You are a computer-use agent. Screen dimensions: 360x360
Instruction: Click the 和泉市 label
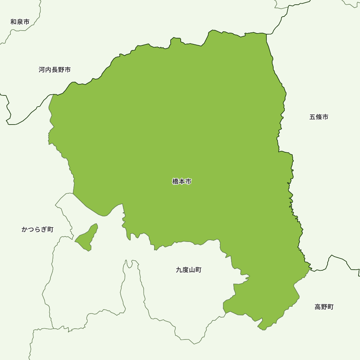(x=20, y=22)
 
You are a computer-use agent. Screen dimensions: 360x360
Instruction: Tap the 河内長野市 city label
(x=55, y=70)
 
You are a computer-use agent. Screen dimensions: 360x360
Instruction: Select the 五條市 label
(x=319, y=117)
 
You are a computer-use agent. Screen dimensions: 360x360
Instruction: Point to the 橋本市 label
(x=182, y=182)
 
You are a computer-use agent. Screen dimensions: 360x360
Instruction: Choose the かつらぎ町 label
(x=37, y=229)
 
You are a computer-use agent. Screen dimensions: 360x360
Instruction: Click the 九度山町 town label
(x=189, y=270)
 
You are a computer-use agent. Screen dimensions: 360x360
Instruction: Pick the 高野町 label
(x=324, y=307)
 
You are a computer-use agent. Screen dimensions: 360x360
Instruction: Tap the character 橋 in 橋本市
(x=175, y=182)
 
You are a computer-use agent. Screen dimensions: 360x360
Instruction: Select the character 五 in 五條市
(x=312, y=117)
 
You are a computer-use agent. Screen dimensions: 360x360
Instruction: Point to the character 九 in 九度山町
(x=179, y=270)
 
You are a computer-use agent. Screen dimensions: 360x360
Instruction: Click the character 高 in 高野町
(x=318, y=307)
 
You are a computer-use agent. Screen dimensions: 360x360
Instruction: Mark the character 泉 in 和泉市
(x=20, y=22)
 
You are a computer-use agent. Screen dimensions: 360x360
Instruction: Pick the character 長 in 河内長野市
(x=55, y=70)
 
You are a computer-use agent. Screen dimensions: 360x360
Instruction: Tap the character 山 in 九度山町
(x=192, y=270)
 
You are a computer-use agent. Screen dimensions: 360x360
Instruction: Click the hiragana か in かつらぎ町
(x=25, y=229)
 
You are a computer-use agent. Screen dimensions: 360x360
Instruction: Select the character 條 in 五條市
(x=319, y=117)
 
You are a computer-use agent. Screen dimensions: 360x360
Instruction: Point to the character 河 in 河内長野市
(x=42, y=70)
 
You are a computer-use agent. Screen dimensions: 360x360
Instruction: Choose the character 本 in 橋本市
(x=182, y=182)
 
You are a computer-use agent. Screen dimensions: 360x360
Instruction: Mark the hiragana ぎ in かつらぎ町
(x=44, y=229)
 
